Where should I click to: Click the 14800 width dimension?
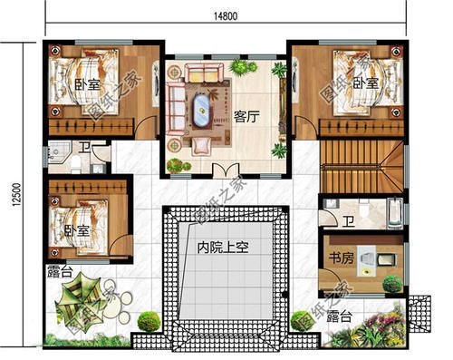coord(226,16)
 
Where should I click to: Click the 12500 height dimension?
coord(17,195)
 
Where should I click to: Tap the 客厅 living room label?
coord(246,116)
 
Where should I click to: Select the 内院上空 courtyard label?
coord(223,248)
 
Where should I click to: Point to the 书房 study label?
coord(341,258)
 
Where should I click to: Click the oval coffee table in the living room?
coord(202,111)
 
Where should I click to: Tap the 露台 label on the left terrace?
coord(60,273)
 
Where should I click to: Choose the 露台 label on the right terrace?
coord(340,316)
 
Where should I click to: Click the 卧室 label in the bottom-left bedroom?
coord(77,230)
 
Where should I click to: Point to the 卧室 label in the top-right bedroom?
coord(366,83)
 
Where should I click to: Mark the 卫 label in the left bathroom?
coord(84,148)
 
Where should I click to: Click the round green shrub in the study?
coord(392,284)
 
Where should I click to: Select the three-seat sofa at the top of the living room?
coord(205,73)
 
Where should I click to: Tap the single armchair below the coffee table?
coord(202,145)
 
